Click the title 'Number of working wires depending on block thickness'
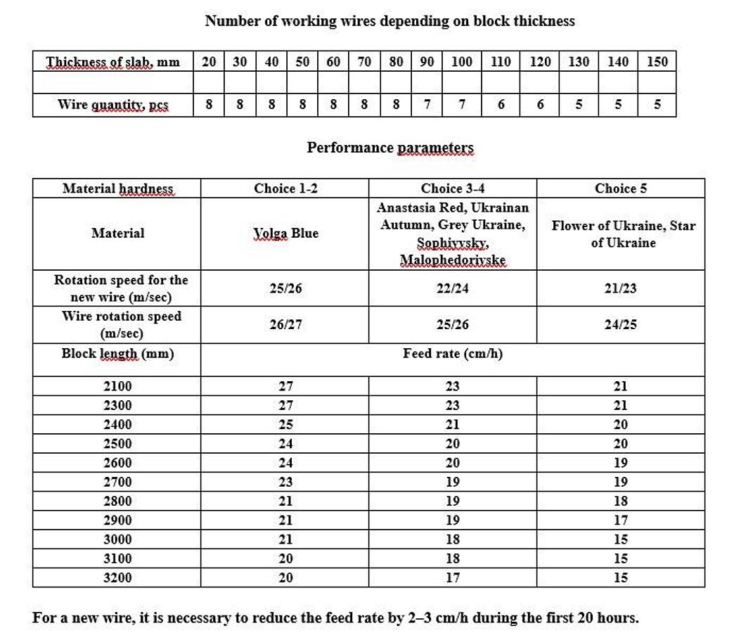click(x=389, y=21)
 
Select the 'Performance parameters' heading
click(x=390, y=148)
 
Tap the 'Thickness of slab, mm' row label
click(x=112, y=62)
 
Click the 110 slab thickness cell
click(x=500, y=62)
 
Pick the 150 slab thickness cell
click(x=657, y=62)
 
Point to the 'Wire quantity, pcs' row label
click(x=112, y=105)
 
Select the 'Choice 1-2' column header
click(x=285, y=188)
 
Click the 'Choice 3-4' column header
click(x=452, y=188)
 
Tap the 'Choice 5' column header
click(x=620, y=188)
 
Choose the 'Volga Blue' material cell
click(x=285, y=234)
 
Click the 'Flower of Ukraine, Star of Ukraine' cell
click(x=623, y=234)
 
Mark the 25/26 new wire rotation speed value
click(x=285, y=288)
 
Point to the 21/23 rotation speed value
click(x=620, y=288)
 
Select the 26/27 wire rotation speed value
click(x=285, y=325)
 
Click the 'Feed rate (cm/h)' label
click(x=452, y=353)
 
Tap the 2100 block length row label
click(x=117, y=386)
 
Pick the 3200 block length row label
click(x=117, y=577)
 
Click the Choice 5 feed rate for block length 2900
click(x=620, y=520)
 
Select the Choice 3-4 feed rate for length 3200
click(x=452, y=577)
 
